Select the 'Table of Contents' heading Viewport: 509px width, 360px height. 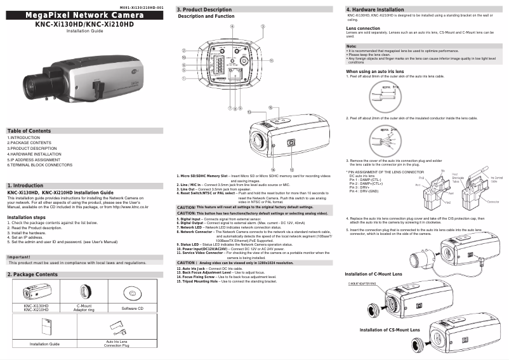(x=29, y=130)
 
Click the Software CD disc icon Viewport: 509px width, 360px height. (x=132, y=293)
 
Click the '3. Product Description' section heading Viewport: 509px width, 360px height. (x=204, y=10)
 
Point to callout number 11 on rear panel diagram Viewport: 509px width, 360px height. (x=271, y=61)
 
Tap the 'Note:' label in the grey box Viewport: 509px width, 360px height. (x=352, y=46)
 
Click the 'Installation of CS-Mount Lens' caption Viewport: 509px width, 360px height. (x=390, y=330)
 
